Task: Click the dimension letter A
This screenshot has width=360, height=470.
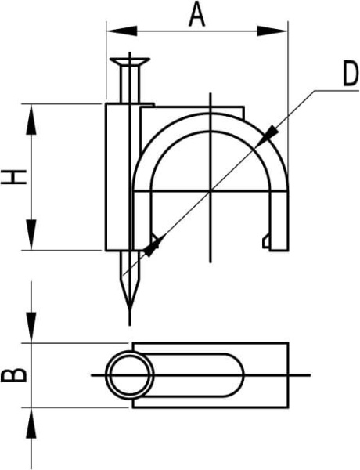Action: [196, 15]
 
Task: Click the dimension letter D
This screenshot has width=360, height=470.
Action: [351, 74]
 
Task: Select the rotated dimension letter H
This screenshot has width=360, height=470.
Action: [14, 176]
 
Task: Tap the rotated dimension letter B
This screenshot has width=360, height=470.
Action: [14, 374]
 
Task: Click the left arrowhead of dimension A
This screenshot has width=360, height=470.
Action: [121, 31]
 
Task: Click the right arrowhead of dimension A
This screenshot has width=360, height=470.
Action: [272, 31]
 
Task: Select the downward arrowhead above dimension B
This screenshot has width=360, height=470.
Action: [31, 327]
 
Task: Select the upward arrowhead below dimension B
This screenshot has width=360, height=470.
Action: [31, 422]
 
